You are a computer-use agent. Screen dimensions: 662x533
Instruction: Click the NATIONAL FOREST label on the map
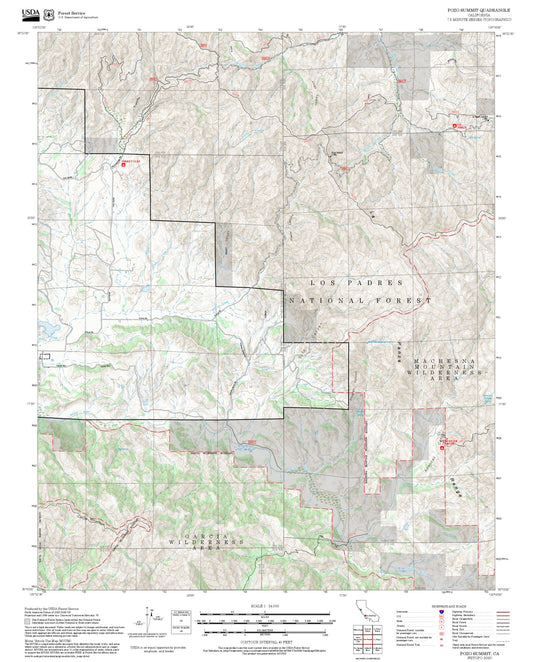[360, 300]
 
